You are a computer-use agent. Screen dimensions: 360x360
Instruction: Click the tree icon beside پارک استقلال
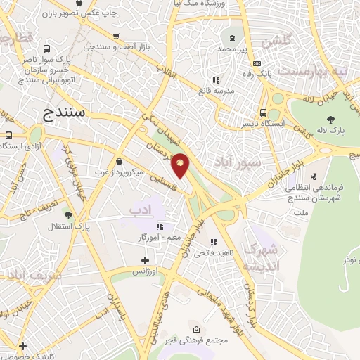click(69, 214)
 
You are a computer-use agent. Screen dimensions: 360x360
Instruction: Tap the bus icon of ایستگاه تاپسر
click(263, 111)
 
